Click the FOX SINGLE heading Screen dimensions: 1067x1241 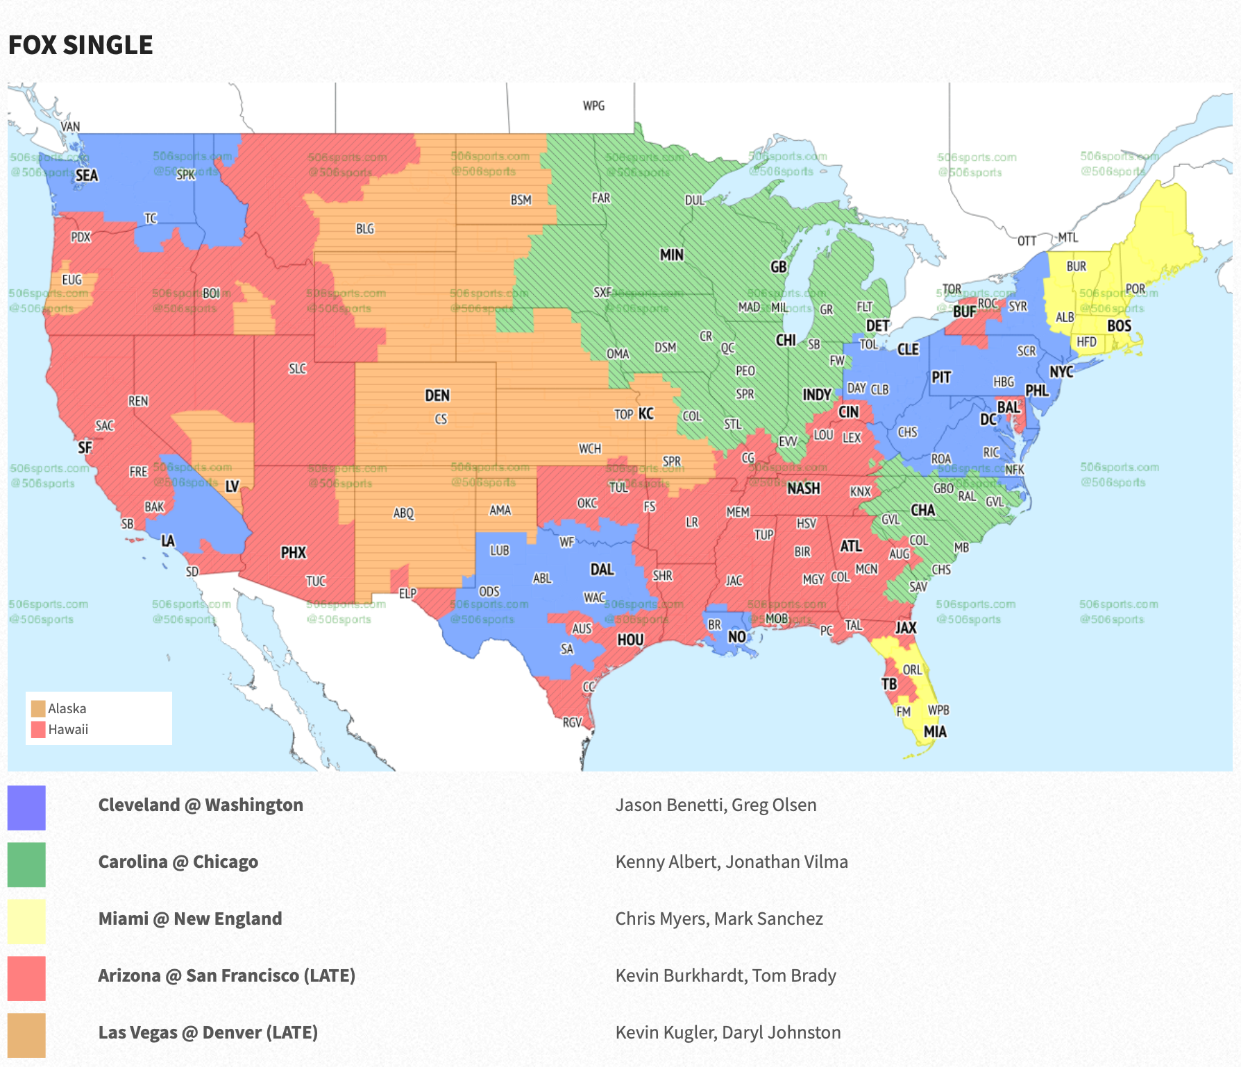pos(81,45)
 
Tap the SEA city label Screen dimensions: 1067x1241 pos(87,176)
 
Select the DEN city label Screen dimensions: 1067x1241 pos(437,395)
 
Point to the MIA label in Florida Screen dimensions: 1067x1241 pos(935,732)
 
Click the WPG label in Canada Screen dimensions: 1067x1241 pos(593,106)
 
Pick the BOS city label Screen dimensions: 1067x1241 pos(1119,326)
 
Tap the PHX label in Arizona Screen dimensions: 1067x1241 pos(294,553)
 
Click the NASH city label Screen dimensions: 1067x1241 pos(804,488)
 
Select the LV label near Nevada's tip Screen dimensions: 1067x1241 pos(233,487)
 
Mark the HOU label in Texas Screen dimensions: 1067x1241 pos(630,640)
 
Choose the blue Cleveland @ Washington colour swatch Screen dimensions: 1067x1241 pos(26,808)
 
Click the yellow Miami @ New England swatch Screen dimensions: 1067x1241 pos(26,921)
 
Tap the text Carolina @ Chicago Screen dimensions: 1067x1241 pos(178,862)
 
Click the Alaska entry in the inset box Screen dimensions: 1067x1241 pos(67,708)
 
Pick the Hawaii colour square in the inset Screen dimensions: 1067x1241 pos(38,729)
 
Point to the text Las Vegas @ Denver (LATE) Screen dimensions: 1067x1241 pos(208,1032)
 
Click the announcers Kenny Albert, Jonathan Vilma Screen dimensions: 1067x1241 pos(732,862)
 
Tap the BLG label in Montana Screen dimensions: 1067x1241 pos(364,229)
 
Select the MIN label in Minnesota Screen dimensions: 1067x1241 pos(671,255)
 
